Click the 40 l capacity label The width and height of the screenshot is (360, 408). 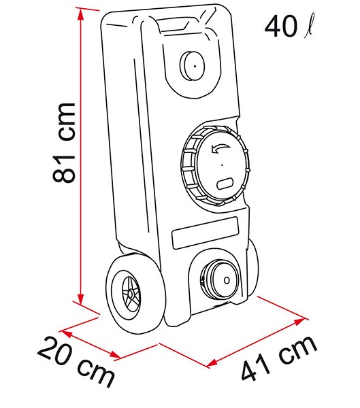tap(289, 26)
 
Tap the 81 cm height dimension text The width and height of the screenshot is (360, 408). tap(64, 143)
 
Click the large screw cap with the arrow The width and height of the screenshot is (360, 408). tap(215, 165)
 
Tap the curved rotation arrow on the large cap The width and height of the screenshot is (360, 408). tap(220, 148)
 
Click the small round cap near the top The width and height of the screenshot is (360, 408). tap(192, 65)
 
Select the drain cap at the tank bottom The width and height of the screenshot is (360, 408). tap(219, 280)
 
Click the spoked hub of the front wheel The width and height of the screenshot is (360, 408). tap(130, 294)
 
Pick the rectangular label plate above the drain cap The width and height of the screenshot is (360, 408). tap(206, 233)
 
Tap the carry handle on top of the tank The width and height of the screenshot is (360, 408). tap(174, 24)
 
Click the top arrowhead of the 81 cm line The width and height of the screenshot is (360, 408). tap(81, 14)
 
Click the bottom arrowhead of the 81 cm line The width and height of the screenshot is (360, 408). tap(81, 299)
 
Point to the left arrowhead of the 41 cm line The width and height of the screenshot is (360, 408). tap(212, 362)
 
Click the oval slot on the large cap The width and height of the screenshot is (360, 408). tap(225, 184)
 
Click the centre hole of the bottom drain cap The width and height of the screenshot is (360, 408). tap(227, 280)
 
